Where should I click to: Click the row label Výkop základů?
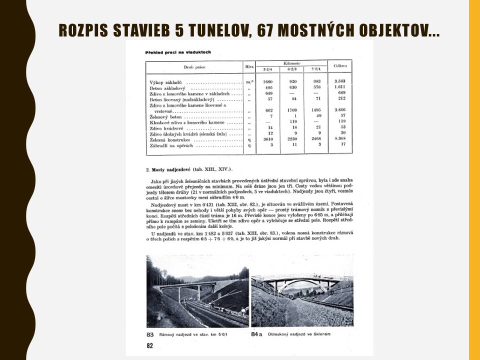point(165,82)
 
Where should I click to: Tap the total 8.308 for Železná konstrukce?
point(340,138)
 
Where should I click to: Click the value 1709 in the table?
point(294,110)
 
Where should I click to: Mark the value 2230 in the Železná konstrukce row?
point(293,138)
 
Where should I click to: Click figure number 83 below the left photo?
point(149,334)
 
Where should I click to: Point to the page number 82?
point(149,345)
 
